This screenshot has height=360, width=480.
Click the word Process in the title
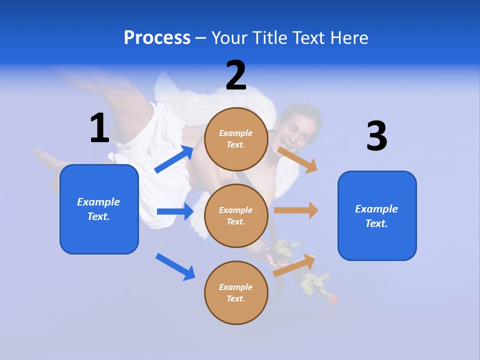tap(157, 37)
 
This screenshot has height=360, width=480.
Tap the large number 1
tap(99, 128)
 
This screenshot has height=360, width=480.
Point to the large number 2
tap(236, 75)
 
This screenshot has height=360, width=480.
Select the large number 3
tap(376, 136)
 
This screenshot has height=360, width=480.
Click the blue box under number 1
tap(99, 209)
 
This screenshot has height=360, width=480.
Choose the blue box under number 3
tap(377, 215)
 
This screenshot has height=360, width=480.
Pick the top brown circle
tap(236, 139)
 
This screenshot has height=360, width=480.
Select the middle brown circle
tap(236, 215)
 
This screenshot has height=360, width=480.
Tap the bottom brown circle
tap(236, 292)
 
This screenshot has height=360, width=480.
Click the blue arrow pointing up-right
tap(174, 159)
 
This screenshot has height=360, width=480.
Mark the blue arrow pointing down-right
tap(175, 266)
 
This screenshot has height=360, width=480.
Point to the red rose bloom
tap(331, 298)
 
